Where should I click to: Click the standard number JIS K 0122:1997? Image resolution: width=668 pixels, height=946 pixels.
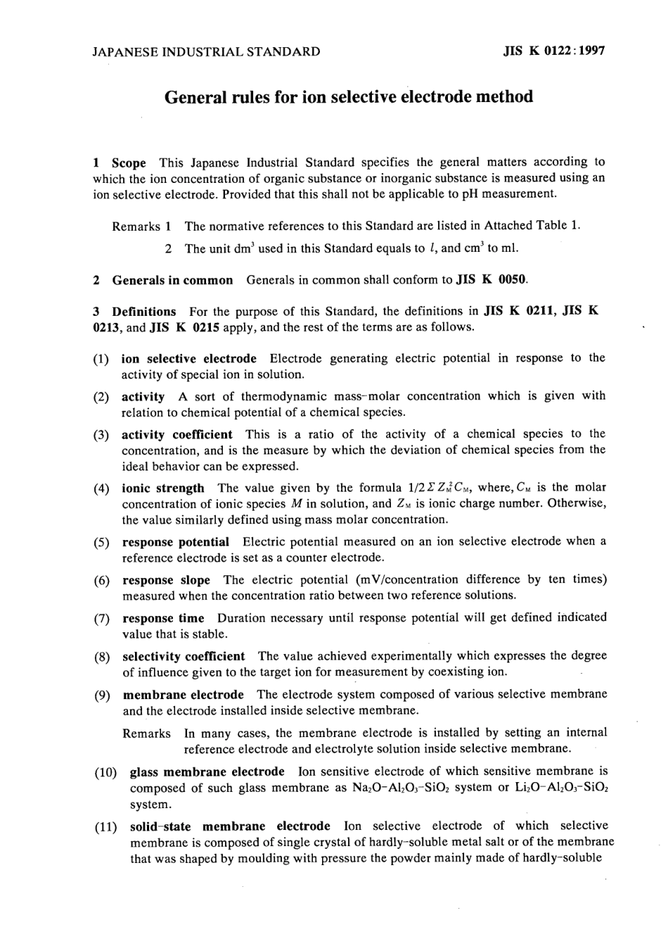554,51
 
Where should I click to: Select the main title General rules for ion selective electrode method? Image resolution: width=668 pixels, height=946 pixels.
349,96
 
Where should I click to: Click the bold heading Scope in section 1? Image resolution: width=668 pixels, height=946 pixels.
129,162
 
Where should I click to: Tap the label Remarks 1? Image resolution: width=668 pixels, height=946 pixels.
141,226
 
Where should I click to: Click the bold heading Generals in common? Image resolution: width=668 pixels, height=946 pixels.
172,280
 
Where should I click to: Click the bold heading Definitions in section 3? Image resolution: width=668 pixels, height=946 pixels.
144,312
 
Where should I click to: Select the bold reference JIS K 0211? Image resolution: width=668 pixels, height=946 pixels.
518,311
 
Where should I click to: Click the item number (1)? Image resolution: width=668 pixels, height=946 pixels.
101,359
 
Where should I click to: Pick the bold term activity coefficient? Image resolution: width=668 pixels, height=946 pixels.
176,435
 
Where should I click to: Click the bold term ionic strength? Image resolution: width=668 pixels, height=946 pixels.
163,488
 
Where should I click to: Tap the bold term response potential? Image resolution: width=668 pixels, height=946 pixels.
176,542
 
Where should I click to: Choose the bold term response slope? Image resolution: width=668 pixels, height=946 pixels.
166,580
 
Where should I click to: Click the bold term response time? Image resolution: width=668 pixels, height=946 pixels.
163,618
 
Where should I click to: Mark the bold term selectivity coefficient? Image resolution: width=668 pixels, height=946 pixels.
184,656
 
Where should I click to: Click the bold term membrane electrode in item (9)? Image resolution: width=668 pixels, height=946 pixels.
183,695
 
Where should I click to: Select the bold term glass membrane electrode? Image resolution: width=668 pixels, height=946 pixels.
207,772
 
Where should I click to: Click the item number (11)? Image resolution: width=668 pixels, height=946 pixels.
105,826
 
